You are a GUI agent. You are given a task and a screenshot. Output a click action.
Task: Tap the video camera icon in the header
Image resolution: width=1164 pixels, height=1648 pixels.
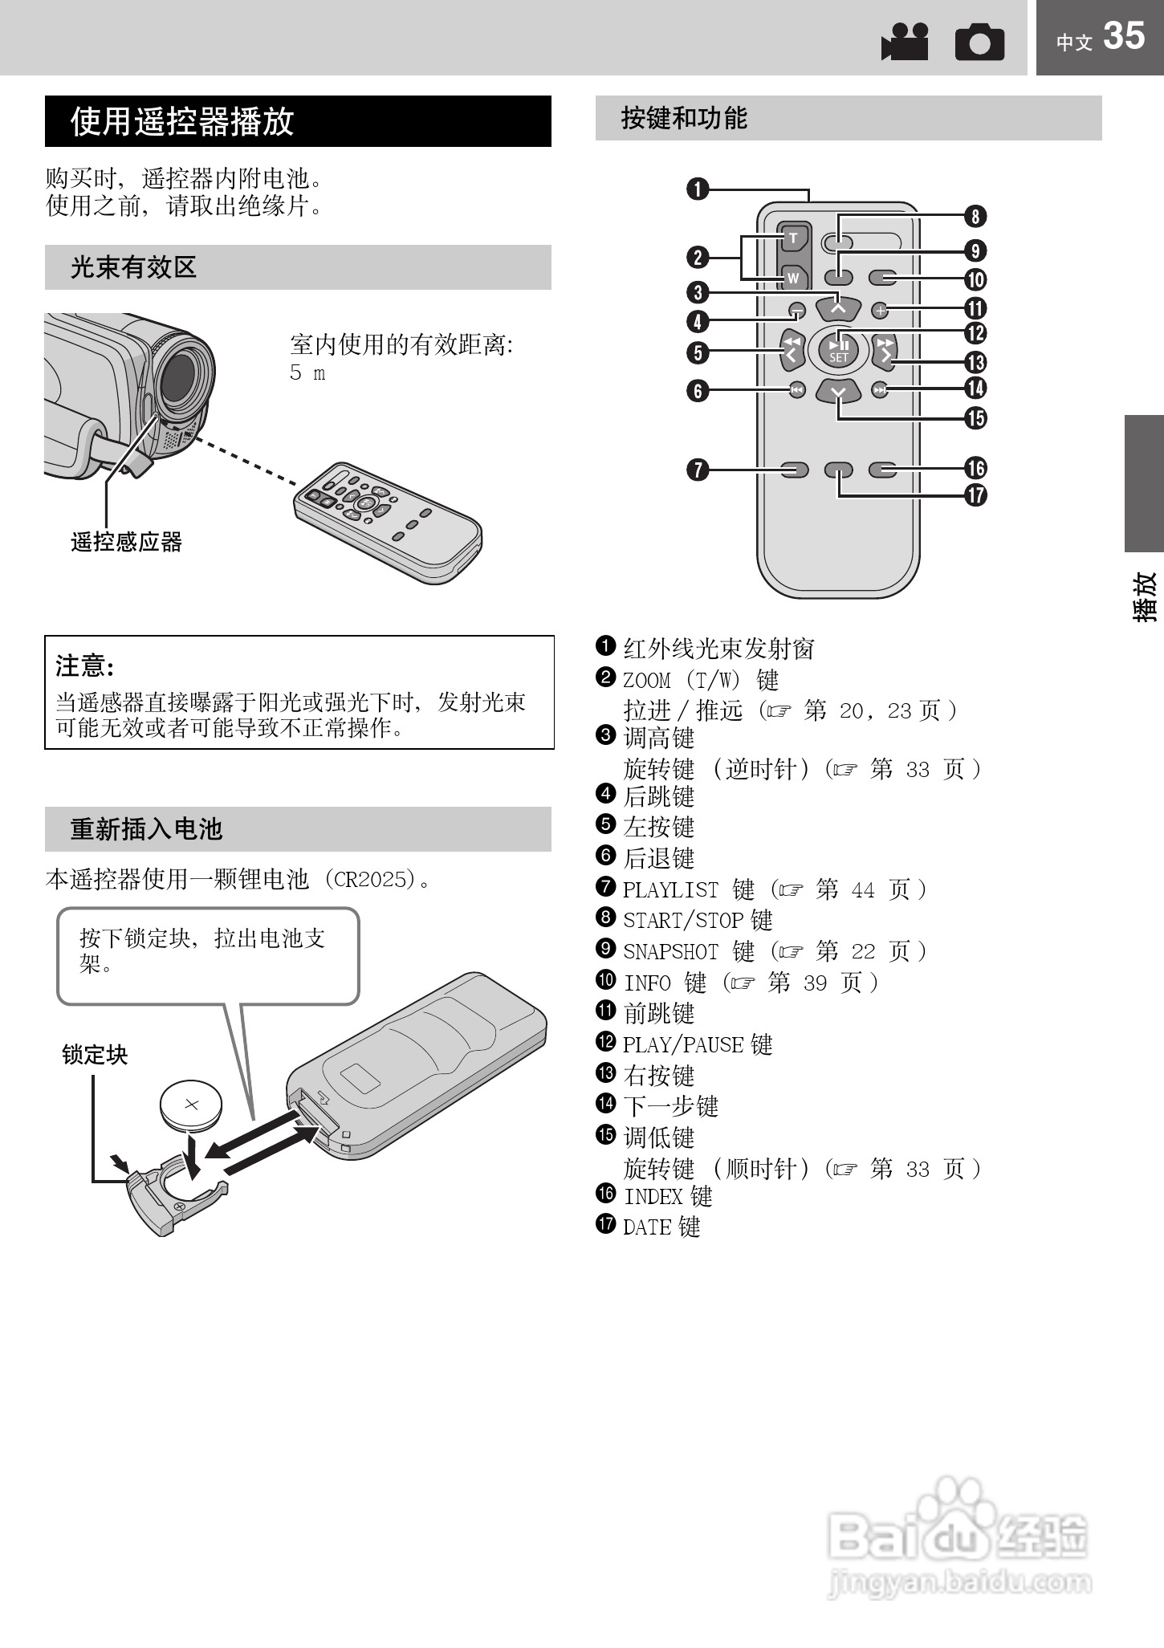[905, 42]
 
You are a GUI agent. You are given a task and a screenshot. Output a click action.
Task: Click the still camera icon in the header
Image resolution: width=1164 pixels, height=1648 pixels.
[979, 43]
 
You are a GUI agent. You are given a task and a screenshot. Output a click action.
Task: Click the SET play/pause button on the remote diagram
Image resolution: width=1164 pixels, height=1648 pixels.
[838, 349]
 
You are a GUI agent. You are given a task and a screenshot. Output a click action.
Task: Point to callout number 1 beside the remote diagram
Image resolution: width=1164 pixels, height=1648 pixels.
[698, 189]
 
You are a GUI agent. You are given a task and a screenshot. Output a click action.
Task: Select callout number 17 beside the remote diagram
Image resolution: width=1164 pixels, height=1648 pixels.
[975, 495]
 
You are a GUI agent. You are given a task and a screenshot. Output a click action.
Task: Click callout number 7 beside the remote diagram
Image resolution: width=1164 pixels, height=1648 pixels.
[698, 470]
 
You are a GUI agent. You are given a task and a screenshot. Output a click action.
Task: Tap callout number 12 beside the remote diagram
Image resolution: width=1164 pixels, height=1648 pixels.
[975, 333]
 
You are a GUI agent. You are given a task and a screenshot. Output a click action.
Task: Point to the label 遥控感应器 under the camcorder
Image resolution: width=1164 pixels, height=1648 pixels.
[126, 543]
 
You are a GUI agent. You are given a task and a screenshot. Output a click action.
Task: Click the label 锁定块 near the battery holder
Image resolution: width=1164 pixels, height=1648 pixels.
[95, 1055]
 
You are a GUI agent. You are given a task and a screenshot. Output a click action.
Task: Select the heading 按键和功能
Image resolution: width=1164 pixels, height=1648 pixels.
[684, 119]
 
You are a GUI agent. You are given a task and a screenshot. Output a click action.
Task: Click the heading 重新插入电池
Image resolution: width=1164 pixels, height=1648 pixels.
[146, 829]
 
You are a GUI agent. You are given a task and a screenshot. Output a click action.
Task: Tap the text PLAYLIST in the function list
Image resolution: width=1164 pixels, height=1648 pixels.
[670, 889]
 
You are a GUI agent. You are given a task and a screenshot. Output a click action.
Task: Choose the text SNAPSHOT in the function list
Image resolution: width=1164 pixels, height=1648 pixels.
[670, 951]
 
